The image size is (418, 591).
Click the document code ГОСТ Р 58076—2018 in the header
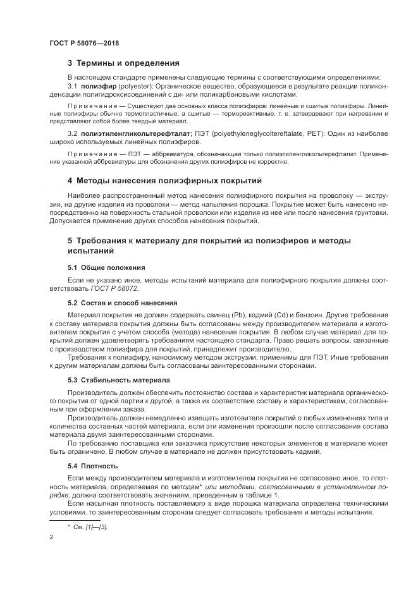click(84, 43)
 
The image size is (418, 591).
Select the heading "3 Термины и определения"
click(123, 63)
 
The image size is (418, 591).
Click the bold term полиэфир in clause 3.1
click(97, 85)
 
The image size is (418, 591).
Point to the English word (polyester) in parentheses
click(133, 85)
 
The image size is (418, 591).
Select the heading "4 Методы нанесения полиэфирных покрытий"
click(164, 181)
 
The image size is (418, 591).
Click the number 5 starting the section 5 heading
click(70, 241)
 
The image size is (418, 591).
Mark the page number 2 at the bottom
click(51, 537)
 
